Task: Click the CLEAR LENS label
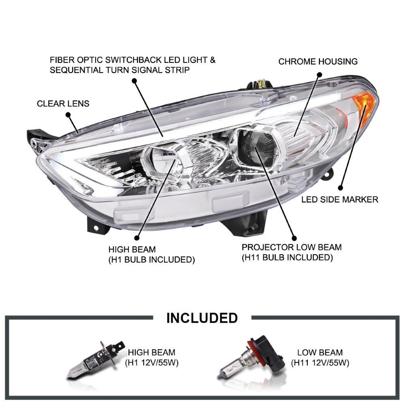tap(63, 104)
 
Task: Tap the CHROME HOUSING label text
tap(318, 62)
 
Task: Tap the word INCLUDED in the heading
tap(202, 318)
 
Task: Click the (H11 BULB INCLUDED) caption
tap(287, 257)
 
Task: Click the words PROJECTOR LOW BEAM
tap(291, 247)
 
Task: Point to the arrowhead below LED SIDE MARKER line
tap(340, 188)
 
